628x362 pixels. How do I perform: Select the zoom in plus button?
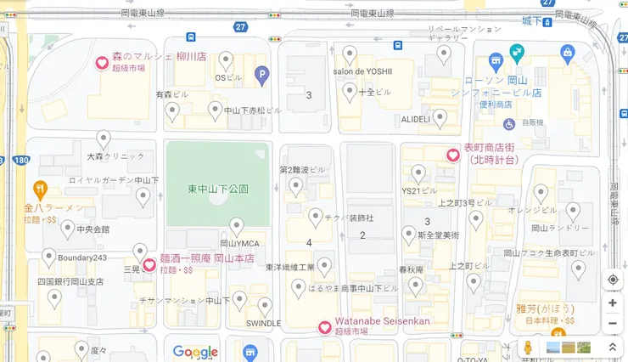pos(613,303)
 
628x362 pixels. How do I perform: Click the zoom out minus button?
pos(613,324)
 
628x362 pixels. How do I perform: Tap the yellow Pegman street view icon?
pos(528,348)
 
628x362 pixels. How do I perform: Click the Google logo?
pos(196,352)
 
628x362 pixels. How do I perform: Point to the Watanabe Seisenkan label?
pos(382,321)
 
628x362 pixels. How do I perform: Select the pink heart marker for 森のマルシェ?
pos(101,62)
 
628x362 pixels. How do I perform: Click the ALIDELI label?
pos(416,119)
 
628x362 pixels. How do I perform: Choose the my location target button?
pos(613,280)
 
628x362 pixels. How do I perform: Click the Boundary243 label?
pos(77,257)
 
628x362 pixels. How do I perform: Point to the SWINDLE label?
pos(263,324)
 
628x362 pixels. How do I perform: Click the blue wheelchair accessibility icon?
pos(509,124)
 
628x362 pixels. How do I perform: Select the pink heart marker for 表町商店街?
pos(454,154)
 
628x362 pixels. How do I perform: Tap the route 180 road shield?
pos(21,160)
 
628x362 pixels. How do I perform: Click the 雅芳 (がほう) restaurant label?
pos(545,308)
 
